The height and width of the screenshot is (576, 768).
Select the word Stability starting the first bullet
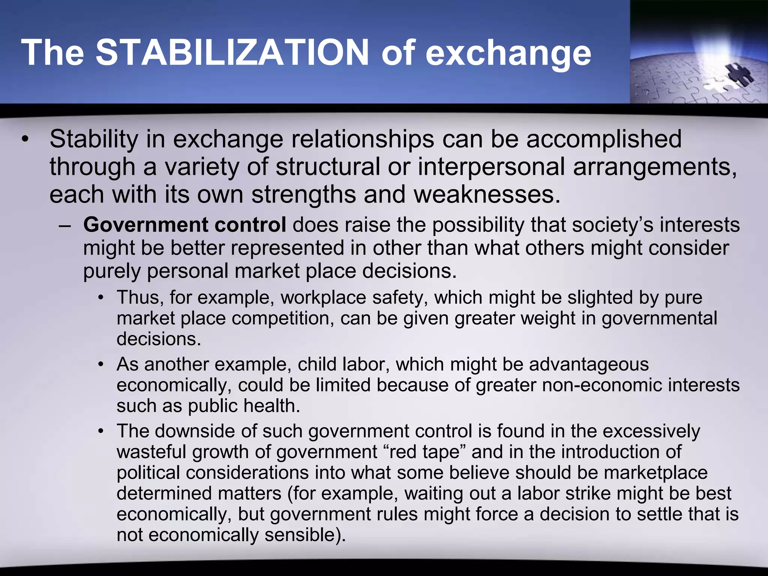(94, 139)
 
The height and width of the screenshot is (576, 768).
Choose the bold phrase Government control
(184, 225)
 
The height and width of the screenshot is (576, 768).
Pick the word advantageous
(589, 364)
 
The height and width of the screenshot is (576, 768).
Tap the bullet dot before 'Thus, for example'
(100, 298)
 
